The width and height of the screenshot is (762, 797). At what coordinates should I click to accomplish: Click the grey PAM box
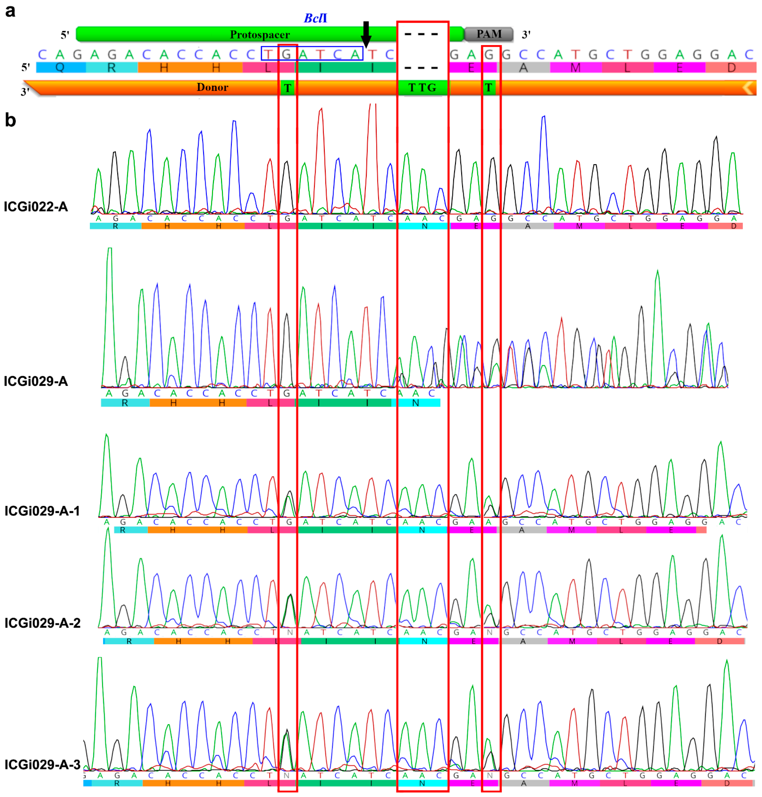click(489, 34)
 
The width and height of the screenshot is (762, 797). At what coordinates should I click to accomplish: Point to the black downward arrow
click(366, 34)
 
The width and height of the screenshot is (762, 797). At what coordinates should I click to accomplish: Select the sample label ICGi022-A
click(36, 207)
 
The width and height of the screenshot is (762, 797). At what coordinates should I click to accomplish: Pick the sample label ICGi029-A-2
click(42, 623)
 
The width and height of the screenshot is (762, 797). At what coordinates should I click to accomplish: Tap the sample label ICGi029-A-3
click(42, 764)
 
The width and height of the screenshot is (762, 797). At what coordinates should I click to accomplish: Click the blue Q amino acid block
click(60, 67)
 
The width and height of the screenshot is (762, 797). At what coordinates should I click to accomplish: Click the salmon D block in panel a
click(731, 67)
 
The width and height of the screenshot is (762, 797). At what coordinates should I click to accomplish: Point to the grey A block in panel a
click(524, 67)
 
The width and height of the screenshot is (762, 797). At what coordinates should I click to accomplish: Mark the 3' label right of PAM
click(526, 35)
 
